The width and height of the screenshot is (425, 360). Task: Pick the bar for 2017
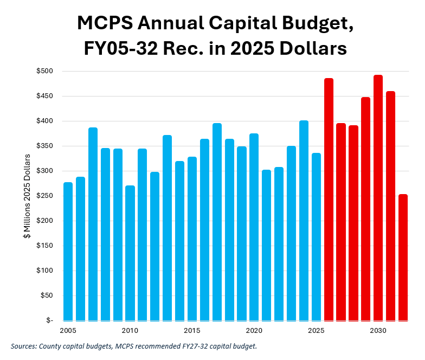pyautogui.click(x=217, y=222)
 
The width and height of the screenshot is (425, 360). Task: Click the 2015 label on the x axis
pyautogui.click(x=192, y=331)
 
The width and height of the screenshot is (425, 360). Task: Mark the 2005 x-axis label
pyautogui.click(x=68, y=331)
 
